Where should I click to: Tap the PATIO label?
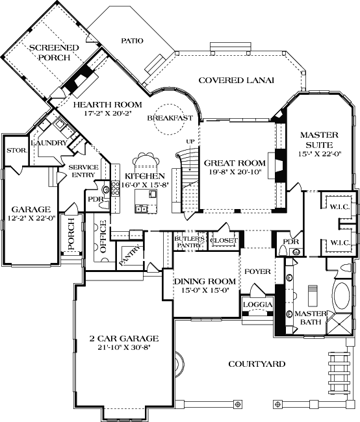tap(132, 40)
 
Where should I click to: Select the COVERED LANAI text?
tap(236, 80)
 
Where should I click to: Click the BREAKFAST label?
tap(170, 118)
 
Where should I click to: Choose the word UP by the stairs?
tap(190, 141)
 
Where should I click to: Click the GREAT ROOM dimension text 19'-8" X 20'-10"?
tap(235, 173)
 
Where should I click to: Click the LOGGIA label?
tap(255, 304)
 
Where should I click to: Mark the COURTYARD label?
tap(257, 364)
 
